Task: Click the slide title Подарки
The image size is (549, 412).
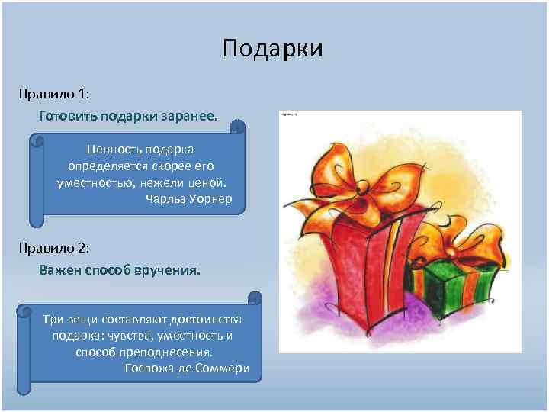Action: click(273, 49)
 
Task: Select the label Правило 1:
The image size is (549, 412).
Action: click(55, 94)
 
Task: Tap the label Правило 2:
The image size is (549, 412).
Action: click(55, 248)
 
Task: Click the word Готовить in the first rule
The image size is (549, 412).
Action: click(66, 117)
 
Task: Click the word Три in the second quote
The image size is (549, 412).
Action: click(53, 318)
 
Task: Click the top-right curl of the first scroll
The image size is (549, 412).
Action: click(238, 127)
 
